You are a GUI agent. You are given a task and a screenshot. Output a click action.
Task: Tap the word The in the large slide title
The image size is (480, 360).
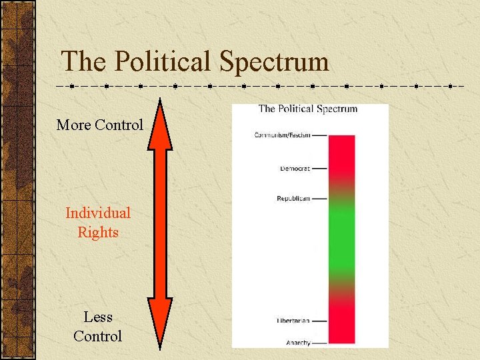click(83, 62)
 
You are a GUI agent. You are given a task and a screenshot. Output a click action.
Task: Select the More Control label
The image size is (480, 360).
click(99, 125)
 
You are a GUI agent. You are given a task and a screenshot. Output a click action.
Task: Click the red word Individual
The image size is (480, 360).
click(98, 213)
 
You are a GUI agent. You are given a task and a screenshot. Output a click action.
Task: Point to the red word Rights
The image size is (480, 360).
click(98, 233)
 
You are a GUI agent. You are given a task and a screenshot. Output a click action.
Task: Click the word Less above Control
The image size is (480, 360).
click(98, 317)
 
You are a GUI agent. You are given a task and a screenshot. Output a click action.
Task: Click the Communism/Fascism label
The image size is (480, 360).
click(282, 135)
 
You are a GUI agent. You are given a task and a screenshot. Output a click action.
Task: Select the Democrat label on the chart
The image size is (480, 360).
click(294, 169)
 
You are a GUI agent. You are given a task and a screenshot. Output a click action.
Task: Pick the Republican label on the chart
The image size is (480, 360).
click(293, 199)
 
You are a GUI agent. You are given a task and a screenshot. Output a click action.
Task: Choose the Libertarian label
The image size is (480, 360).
click(293, 321)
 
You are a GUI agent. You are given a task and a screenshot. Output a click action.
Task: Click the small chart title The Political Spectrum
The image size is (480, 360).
click(307, 109)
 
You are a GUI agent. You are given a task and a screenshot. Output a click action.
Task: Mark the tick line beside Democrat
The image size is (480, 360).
click(320, 169)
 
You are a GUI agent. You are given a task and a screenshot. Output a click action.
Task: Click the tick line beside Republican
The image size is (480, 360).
click(320, 199)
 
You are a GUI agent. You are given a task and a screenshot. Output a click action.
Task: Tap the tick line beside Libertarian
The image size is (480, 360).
click(320, 321)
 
